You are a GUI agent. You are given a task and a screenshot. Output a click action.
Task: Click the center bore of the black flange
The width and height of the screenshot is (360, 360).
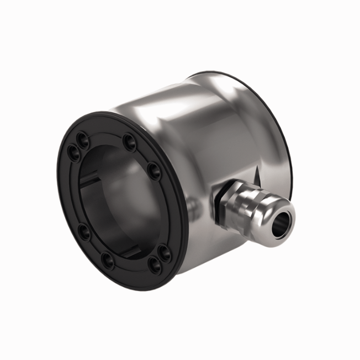[x=119, y=199]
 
